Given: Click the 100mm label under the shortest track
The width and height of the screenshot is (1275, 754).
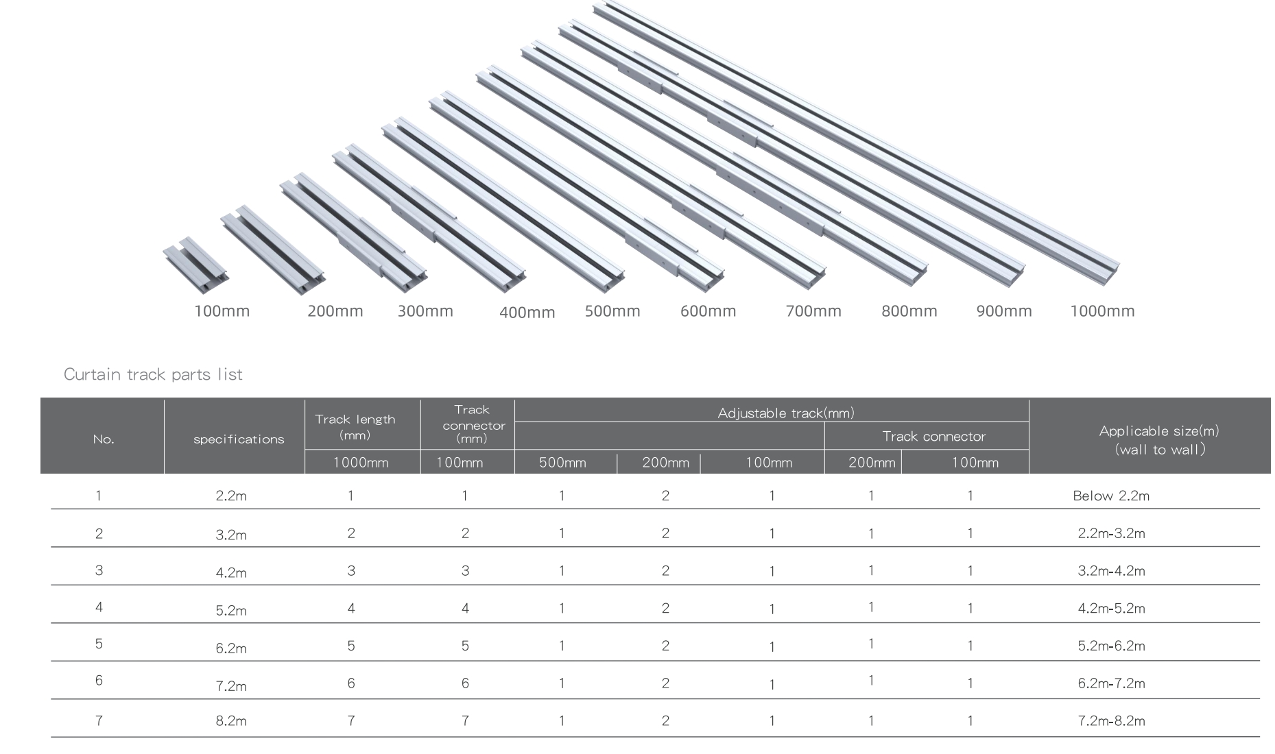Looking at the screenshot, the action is tap(222, 311).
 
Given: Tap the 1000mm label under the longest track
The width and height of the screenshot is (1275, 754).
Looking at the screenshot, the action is tap(1102, 311).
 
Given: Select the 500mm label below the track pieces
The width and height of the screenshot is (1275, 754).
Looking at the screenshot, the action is tap(612, 311).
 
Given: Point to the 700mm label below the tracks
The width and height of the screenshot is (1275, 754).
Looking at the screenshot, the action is tap(813, 311).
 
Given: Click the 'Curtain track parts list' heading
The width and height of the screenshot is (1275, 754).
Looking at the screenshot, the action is tap(153, 374).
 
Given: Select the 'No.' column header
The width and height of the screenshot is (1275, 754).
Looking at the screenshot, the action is tap(104, 439).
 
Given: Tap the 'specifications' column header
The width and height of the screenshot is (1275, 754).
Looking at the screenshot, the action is tap(239, 439).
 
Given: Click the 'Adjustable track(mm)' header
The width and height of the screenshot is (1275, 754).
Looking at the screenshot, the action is tap(786, 413).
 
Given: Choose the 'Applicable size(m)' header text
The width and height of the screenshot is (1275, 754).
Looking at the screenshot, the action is tap(1159, 431).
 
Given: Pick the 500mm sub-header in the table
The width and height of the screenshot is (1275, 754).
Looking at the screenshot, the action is tap(562, 463).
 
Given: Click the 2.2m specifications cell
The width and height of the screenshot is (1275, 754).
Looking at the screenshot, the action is tap(231, 496).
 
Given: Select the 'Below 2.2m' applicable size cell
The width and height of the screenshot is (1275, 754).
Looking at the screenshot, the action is tap(1111, 496).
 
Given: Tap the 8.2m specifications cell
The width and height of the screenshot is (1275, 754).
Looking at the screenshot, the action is tap(231, 721).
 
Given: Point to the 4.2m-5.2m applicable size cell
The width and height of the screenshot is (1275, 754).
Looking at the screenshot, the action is tap(1111, 609).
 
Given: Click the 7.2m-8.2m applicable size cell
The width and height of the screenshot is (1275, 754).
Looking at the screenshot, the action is tap(1111, 721).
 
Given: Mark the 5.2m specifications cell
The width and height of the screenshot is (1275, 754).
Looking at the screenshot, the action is tap(231, 611).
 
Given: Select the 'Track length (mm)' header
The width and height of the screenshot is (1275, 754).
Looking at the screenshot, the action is tap(355, 426).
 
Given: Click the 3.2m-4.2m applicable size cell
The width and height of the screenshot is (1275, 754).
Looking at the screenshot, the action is tap(1111, 571).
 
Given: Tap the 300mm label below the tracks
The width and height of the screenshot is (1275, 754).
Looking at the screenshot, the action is tap(425, 311).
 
